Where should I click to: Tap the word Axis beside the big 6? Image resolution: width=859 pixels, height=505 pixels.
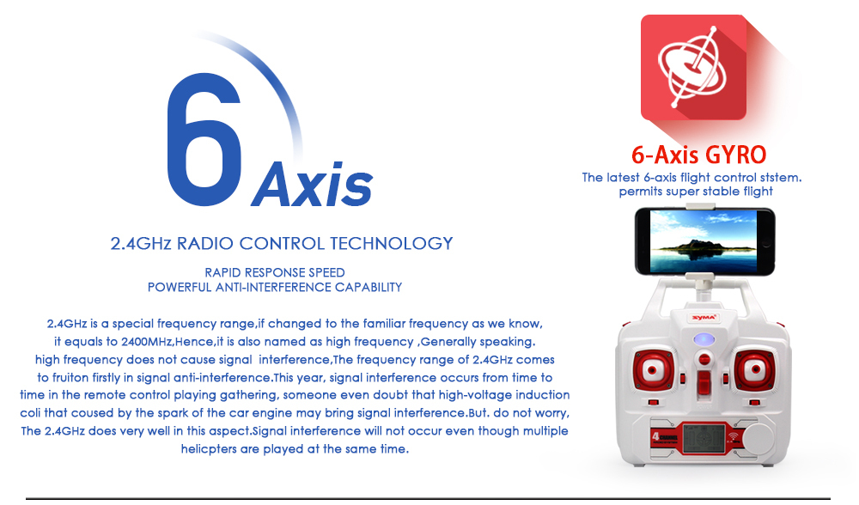pos(313,184)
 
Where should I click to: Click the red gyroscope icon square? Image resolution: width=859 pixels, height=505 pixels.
pos(693,67)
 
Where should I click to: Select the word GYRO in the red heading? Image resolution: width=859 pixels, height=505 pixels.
pos(735,155)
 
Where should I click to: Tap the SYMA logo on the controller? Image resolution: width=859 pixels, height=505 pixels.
pos(704,318)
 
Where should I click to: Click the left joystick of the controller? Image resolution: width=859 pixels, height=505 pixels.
pos(653,370)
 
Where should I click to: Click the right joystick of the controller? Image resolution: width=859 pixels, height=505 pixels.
pos(755,370)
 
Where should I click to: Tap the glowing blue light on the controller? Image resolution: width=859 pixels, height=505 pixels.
pos(704,339)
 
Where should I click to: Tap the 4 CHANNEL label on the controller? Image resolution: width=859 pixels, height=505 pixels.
pos(665,438)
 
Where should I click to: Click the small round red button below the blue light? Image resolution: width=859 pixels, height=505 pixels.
pos(704,360)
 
